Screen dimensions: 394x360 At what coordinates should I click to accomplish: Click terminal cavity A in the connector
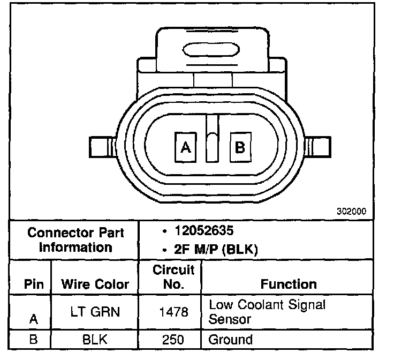185,147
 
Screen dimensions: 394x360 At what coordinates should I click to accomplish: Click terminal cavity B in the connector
240,147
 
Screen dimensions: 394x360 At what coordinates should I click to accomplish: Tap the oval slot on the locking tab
211,50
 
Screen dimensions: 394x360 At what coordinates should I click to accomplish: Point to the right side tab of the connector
317,147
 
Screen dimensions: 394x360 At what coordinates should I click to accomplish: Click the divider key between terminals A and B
212,138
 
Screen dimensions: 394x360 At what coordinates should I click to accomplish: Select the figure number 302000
351,211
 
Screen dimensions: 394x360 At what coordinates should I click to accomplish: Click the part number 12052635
204,230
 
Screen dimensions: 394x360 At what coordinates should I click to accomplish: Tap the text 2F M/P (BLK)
216,250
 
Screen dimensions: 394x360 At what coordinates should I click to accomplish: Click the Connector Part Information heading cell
75,239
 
